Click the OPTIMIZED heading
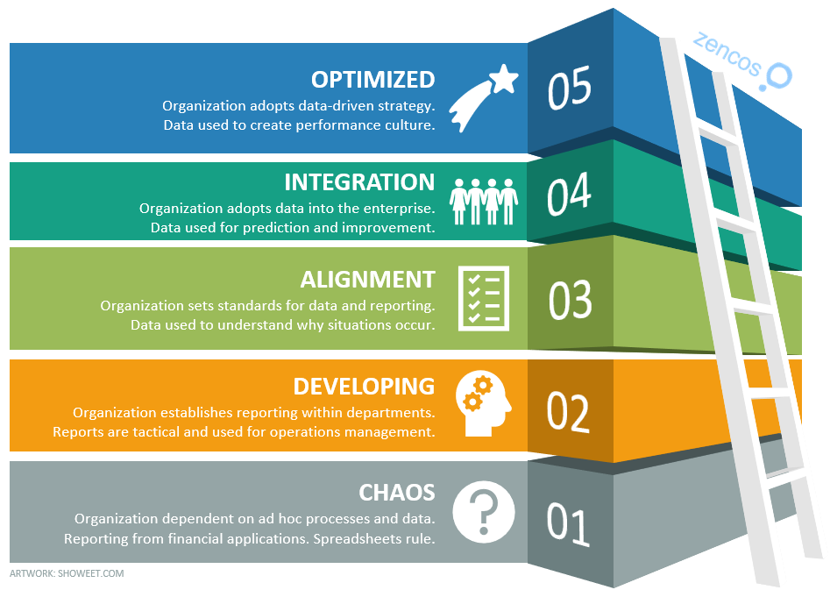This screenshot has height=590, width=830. [x=372, y=80]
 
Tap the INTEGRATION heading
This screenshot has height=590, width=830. [x=359, y=182]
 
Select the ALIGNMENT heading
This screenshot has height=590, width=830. [x=367, y=280]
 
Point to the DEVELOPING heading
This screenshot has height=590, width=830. [x=364, y=387]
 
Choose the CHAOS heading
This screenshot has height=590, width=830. [x=397, y=492]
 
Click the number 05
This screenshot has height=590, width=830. [x=570, y=90]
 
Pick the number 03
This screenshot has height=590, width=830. [x=571, y=300]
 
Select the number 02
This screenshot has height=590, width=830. [x=569, y=412]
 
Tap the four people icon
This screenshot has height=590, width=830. [x=484, y=203]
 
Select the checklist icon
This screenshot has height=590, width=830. [x=484, y=299]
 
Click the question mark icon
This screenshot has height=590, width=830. [x=482, y=511]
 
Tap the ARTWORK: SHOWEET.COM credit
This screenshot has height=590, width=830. [x=67, y=573]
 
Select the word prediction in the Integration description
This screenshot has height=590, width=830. [x=263, y=228]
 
